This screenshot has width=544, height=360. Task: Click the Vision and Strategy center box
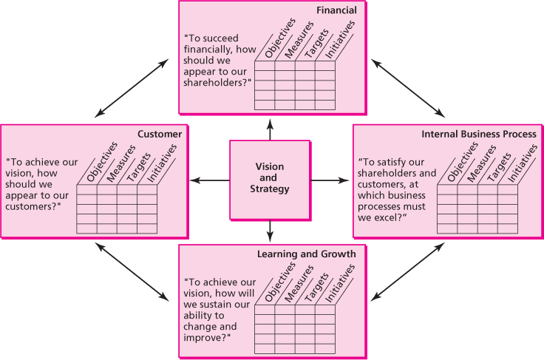point(269,180)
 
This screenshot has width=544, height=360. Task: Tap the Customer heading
point(160,134)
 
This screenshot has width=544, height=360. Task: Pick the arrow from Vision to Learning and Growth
point(270,231)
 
